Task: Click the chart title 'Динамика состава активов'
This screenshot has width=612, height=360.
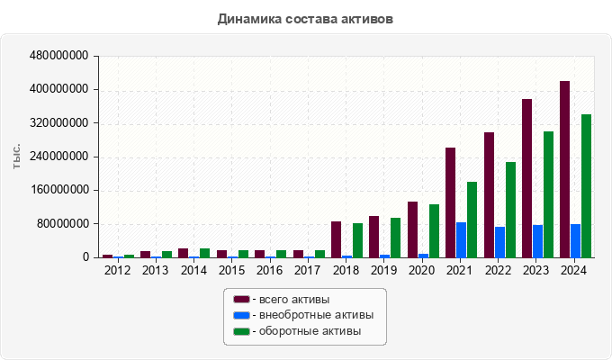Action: (x=305, y=18)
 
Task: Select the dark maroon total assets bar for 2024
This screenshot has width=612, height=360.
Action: (x=564, y=169)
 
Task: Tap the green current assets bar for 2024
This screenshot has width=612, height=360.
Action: (x=586, y=185)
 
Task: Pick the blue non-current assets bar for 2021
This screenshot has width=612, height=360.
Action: (x=461, y=239)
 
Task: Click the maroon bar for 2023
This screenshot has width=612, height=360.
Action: (x=526, y=178)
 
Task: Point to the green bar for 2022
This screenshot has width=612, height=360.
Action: (x=510, y=210)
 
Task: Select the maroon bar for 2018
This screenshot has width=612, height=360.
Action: (x=336, y=239)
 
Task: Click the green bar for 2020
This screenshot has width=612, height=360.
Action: (x=434, y=230)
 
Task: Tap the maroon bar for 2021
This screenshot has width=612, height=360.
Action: (x=450, y=202)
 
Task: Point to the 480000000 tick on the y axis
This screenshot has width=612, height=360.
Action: (x=59, y=56)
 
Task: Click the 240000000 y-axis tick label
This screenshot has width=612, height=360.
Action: (x=59, y=157)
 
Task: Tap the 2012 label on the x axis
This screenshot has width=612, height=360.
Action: (x=117, y=269)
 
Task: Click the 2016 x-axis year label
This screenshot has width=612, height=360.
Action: (x=270, y=269)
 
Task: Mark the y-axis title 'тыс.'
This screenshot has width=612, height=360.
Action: (x=17, y=156)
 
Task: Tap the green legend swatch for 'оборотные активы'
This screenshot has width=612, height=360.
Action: (x=240, y=331)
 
